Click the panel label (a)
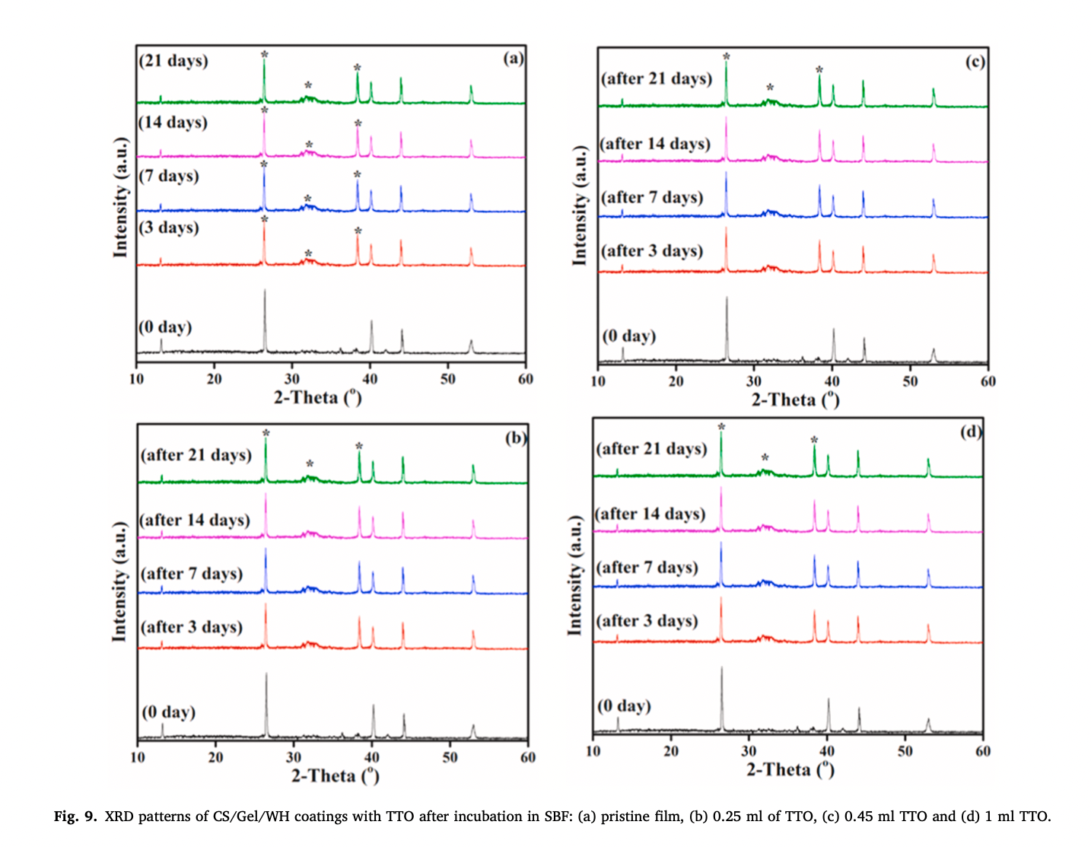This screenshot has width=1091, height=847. pyautogui.click(x=514, y=59)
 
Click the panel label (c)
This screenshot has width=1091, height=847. pyautogui.click(x=975, y=62)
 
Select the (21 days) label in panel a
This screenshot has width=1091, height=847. pyautogui.click(x=173, y=61)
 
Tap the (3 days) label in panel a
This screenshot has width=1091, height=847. pyautogui.click(x=169, y=228)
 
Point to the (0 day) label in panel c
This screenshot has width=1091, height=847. pyautogui.click(x=628, y=336)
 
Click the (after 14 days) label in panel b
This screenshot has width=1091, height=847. pyautogui.click(x=196, y=521)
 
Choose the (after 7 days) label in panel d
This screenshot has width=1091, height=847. pyautogui.click(x=647, y=568)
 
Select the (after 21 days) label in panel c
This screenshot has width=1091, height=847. pyautogui.click(x=657, y=79)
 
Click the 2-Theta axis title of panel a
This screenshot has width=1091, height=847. pyautogui.click(x=317, y=396)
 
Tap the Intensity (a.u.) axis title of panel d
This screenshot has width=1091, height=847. pyautogui.click(x=574, y=575)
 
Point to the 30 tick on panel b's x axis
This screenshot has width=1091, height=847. pyautogui.click(x=294, y=757)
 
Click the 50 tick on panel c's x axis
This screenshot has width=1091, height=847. pyautogui.click(x=910, y=381)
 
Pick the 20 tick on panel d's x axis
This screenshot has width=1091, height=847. pyautogui.click(x=671, y=751)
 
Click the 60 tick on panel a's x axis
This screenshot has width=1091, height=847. pyautogui.click(x=526, y=379)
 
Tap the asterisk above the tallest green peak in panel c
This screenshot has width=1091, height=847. pyautogui.click(x=727, y=56)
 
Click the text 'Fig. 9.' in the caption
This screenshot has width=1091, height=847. pyautogui.click(x=75, y=817)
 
